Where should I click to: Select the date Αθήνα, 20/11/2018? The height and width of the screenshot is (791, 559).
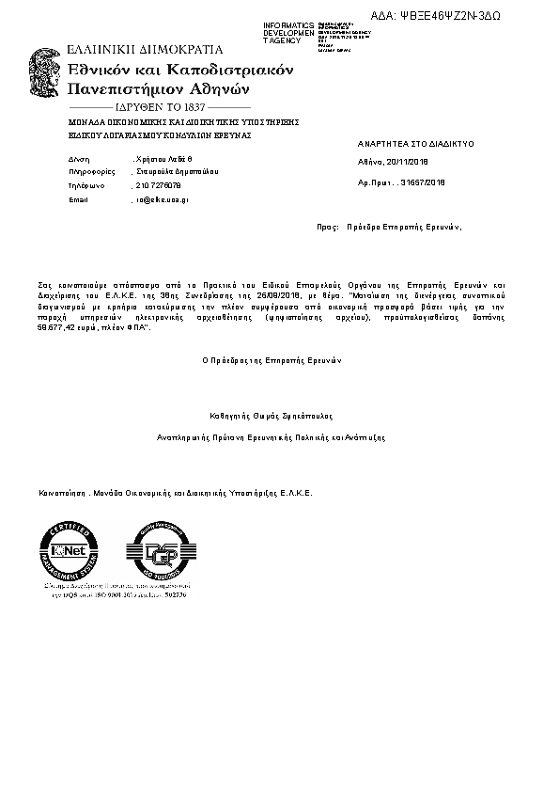[393, 162]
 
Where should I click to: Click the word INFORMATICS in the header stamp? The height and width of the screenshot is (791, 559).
[288, 24]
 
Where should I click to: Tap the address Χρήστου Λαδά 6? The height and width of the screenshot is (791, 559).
[163, 161]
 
